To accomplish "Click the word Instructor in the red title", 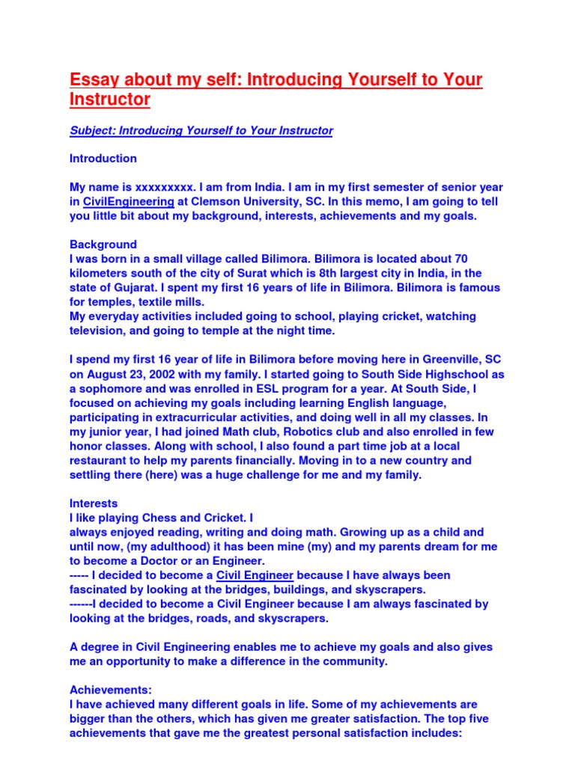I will (110, 99).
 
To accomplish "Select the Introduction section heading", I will (103, 159).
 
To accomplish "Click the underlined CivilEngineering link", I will (129, 202).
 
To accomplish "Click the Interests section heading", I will (94, 503).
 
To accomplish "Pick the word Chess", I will (148, 518).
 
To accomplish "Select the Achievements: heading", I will (106, 690).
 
